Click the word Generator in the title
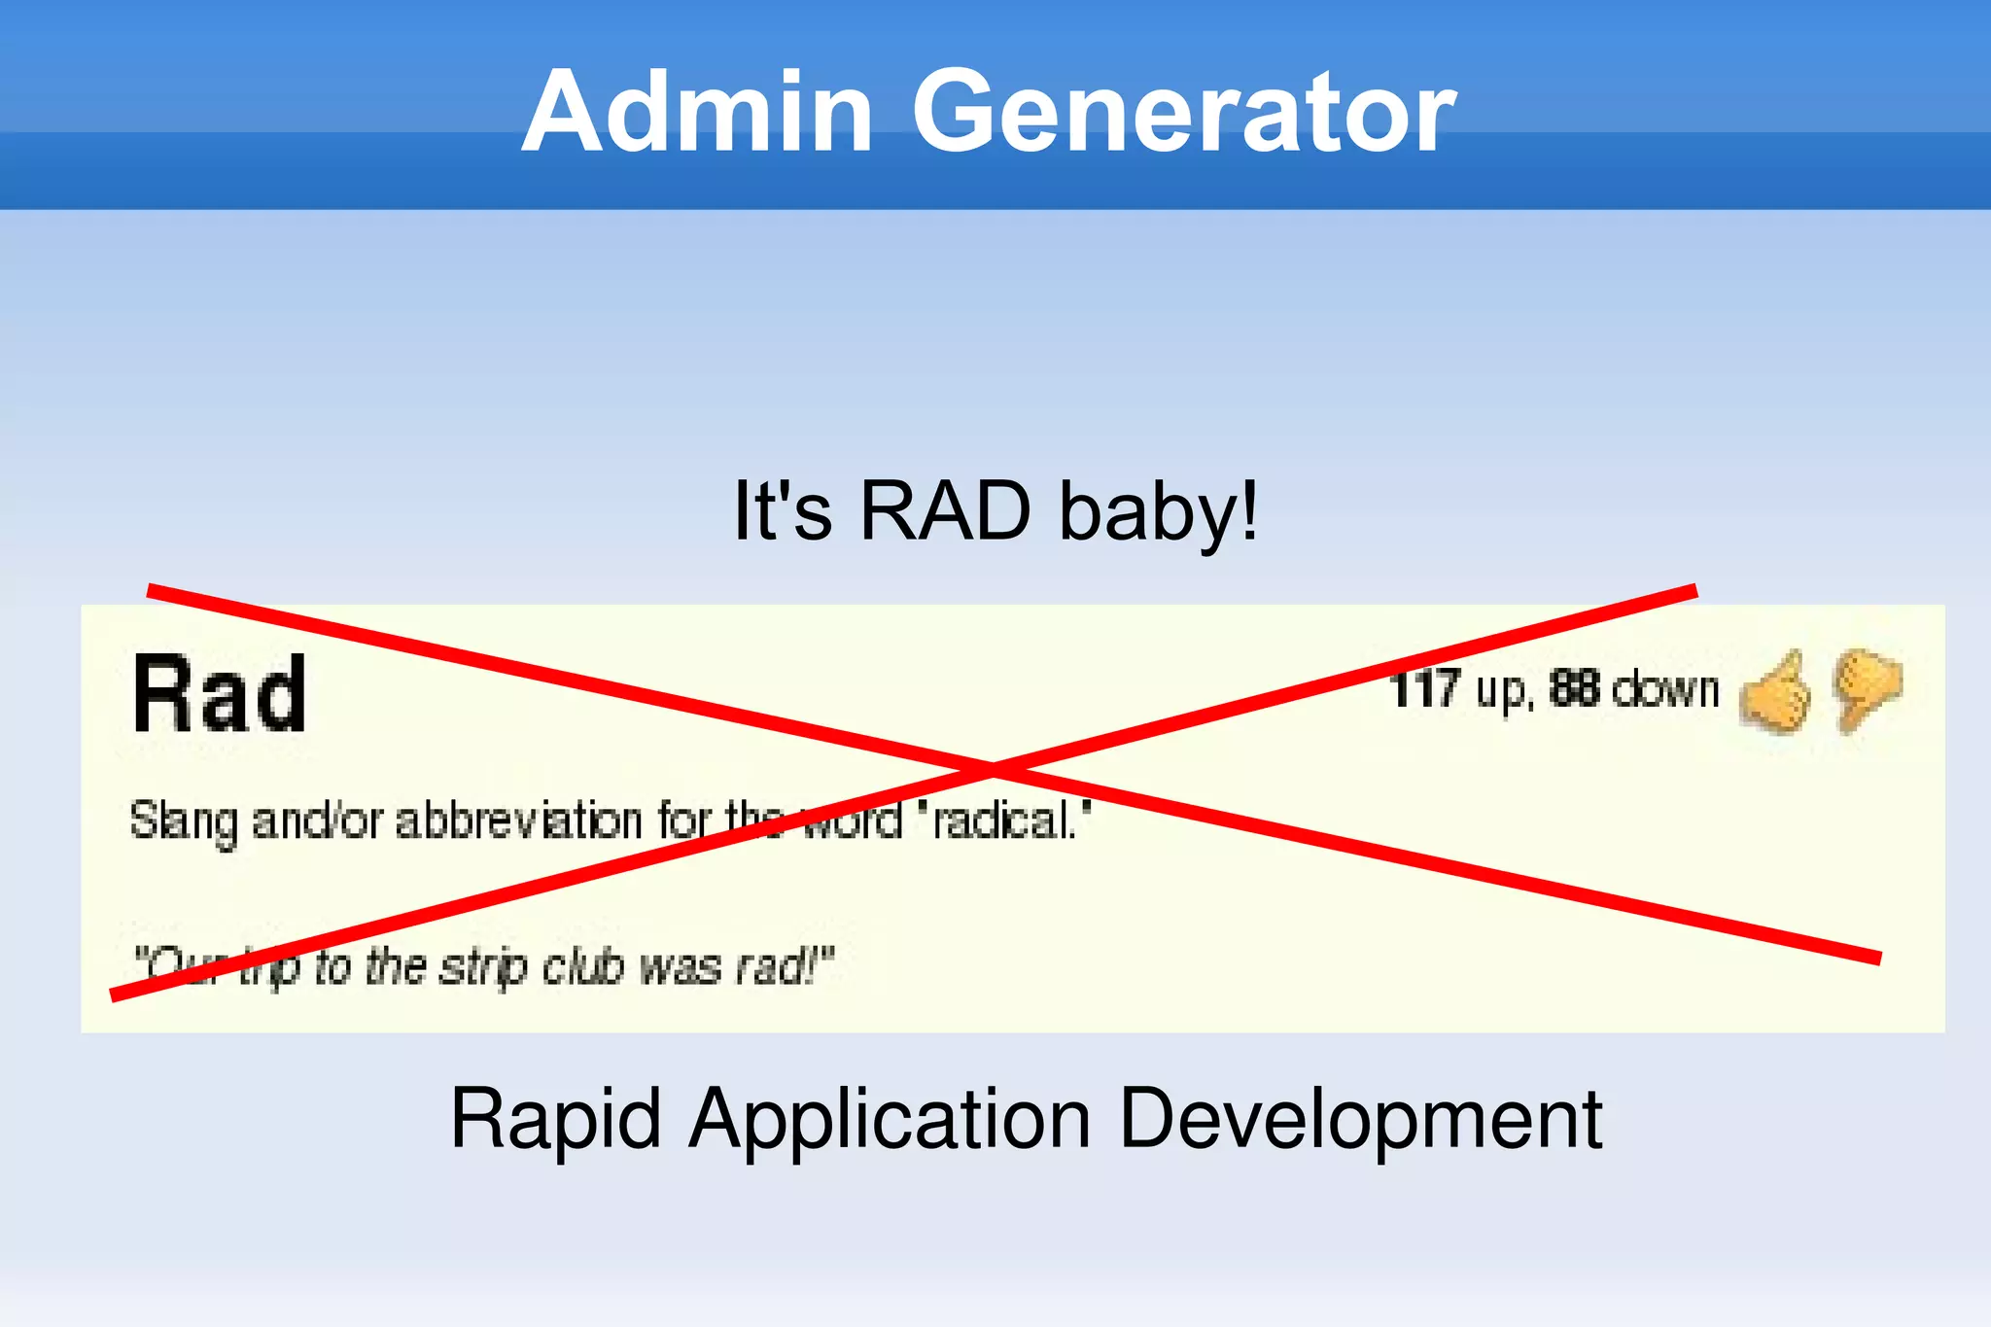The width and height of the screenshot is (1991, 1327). coord(1183,112)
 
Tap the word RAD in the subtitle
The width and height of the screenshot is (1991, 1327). coord(945,511)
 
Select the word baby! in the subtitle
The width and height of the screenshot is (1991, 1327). coord(1159,511)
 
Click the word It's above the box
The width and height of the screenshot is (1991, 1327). coord(782,511)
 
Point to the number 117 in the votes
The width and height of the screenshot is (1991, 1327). coord(1424,689)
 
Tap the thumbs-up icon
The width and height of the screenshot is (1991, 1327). coord(1775,693)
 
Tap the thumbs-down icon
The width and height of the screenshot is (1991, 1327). coord(1866,688)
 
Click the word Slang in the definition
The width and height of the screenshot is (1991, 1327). coord(184,822)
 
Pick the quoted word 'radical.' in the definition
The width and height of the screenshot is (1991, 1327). coord(1007,821)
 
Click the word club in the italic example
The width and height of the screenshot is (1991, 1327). coord(582,967)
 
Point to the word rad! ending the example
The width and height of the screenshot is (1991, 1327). coord(784,967)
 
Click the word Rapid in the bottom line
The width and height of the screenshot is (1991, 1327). coord(556,1120)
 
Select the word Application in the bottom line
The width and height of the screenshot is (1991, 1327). coord(890,1120)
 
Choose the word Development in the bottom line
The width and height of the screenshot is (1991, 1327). coord(1360,1120)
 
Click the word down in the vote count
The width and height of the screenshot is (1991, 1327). coord(1665,689)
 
